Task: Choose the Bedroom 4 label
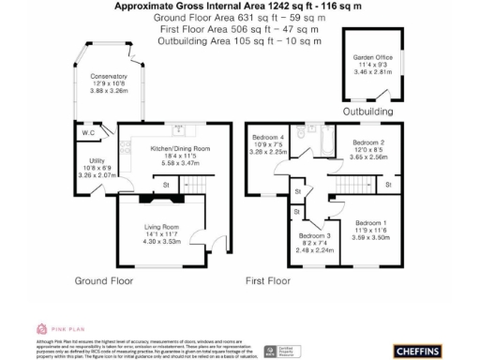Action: [268, 138]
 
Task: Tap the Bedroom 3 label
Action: [314, 235]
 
